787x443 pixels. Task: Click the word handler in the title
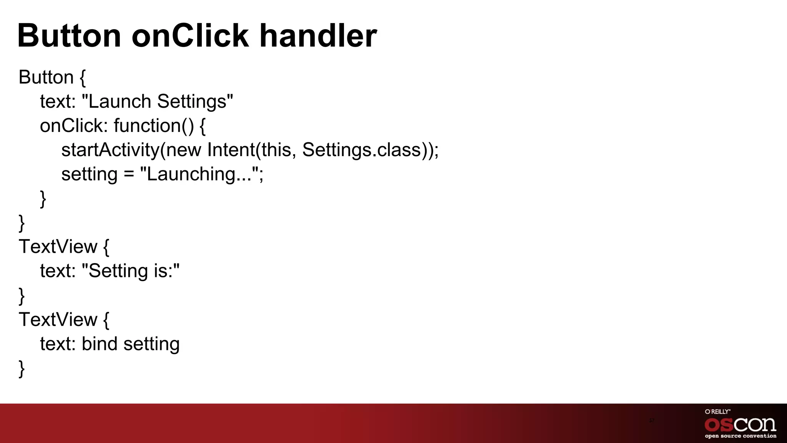point(318,35)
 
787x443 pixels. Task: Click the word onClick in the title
point(190,35)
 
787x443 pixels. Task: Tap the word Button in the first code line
point(46,77)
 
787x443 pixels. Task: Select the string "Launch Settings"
point(158,102)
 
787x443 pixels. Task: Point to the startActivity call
point(110,150)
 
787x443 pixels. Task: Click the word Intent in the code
point(231,150)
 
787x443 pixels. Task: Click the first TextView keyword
point(58,246)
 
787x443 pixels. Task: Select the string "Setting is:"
point(131,271)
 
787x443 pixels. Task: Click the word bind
point(99,343)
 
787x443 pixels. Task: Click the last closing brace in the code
point(22,368)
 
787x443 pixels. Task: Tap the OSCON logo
point(740,425)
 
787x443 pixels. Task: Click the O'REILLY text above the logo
point(717,411)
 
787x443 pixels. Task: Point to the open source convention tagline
point(740,436)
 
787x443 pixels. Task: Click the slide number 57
point(651,420)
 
